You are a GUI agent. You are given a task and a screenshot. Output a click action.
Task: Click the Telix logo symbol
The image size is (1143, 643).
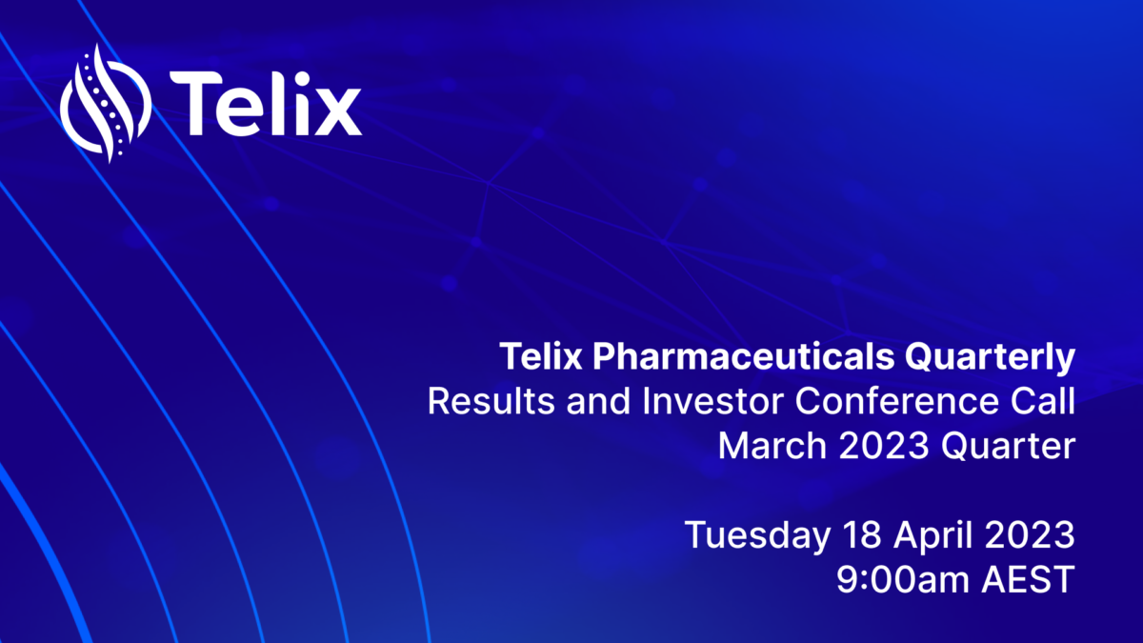click(x=105, y=104)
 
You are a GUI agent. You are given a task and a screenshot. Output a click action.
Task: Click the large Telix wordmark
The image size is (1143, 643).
click(x=266, y=103)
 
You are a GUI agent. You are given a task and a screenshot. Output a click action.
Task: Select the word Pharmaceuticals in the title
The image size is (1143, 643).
click(x=743, y=356)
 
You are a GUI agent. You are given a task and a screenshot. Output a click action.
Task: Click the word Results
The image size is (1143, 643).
click(x=491, y=401)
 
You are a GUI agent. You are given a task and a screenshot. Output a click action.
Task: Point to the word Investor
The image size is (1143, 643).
click(x=712, y=401)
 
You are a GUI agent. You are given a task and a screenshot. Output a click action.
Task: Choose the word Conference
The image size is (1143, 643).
click(x=896, y=401)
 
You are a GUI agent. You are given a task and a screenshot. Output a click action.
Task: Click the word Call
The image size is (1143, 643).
click(x=1043, y=401)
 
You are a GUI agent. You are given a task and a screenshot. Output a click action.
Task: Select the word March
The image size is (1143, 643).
click(x=772, y=446)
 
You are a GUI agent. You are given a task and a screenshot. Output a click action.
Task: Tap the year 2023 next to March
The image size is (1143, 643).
click(x=884, y=446)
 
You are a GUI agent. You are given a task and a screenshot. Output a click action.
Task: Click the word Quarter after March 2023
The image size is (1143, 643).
click(x=1009, y=446)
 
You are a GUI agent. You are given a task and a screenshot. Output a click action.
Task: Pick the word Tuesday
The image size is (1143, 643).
click(x=757, y=534)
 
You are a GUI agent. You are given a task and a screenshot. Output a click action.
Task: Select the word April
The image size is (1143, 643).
click(x=932, y=535)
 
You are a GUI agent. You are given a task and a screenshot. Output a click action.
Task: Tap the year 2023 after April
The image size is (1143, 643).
click(x=1030, y=534)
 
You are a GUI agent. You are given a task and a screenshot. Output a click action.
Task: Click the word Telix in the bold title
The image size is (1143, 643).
click(x=541, y=356)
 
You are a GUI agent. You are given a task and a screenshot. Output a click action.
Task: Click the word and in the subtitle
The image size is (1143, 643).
click(x=598, y=401)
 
